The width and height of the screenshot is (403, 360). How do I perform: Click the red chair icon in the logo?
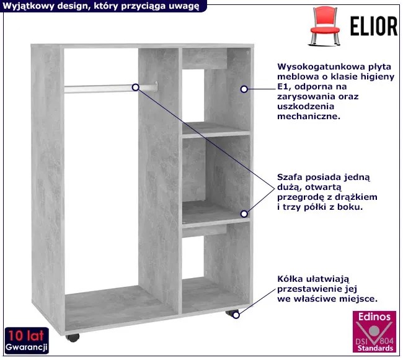(x=325, y=25)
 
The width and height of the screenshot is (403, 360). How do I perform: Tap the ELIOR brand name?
(x=374, y=26)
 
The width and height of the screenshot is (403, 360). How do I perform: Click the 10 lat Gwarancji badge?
(x=27, y=341)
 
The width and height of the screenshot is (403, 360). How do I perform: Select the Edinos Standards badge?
(x=374, y=331)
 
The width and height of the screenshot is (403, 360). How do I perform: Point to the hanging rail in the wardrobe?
(x=111, y=88)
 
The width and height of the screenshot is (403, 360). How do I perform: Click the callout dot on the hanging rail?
(x=135, y=88)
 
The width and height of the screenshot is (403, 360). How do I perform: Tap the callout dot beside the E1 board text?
(x=244, y=89)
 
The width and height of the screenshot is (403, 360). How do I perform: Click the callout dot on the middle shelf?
(x=244, y=214)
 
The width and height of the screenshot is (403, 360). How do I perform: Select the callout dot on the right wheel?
(x=236, y=315)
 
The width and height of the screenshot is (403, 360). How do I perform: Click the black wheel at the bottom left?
(x=73, y=338)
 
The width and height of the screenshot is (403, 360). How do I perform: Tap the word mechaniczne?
(x=308, y=116)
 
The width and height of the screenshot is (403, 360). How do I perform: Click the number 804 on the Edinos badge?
(x=387, y=341)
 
